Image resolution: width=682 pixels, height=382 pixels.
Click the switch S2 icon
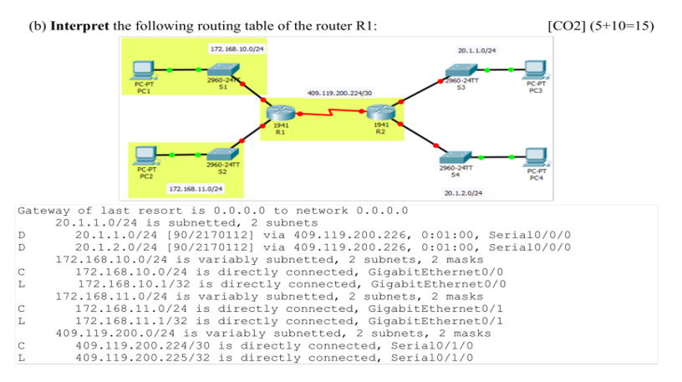[222, 154]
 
